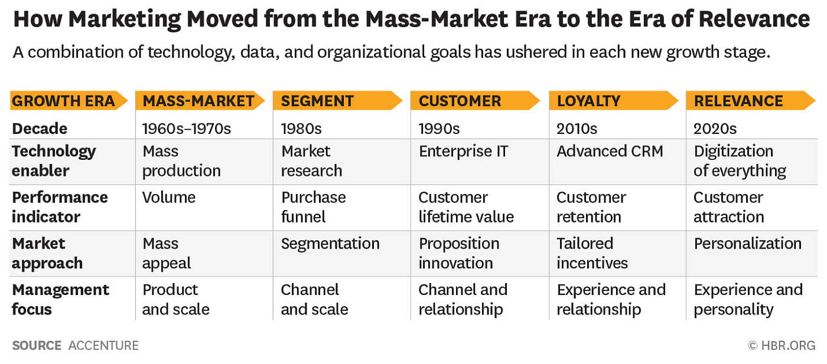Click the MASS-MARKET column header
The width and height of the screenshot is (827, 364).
(x=198, y=101)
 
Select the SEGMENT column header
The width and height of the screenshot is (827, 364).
(x=317, y=101)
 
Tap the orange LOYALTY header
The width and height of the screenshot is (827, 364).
(x=588, y=101)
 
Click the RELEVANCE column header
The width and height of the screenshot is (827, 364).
(x=738, y=101)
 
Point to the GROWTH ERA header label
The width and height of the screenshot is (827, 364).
(x=63, y=101)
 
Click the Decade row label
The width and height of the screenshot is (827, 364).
(x=40, y=128)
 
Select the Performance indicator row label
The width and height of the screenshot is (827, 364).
(x=60, y=207)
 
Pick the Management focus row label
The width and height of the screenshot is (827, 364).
(x=60, y=299)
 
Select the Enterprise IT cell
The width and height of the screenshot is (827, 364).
(x=464, y=151)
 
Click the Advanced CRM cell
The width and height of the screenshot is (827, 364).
(x=610, y=151)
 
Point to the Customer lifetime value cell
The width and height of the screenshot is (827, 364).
(x=466, y=207)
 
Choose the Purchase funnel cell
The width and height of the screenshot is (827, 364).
(x=313, y=207)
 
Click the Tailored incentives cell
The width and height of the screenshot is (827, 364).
(x=592, y=253)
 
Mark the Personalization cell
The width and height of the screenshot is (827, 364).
(x=747, y=244)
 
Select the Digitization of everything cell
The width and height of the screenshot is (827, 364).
(x=740, y=161)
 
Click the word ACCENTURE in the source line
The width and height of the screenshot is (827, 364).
(x=103, y=346)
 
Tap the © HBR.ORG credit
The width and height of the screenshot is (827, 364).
(x=781, y=346)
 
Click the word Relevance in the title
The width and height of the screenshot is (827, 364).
(x=754, y=19)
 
